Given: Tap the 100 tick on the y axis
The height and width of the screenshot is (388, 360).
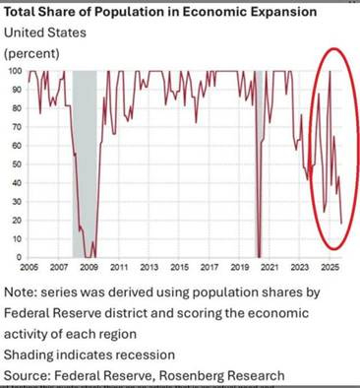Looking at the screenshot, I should pos(15,71).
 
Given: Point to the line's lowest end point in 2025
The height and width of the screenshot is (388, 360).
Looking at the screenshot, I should pos(341,223).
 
